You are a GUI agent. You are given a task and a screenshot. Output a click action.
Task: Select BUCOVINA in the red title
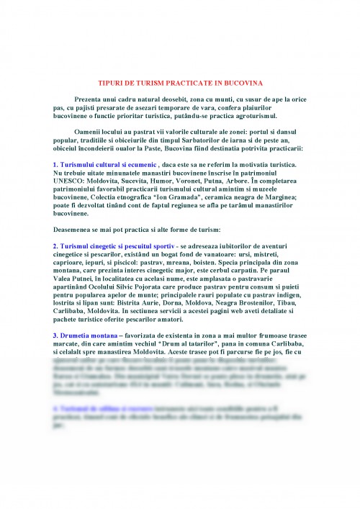pos(243,83)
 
